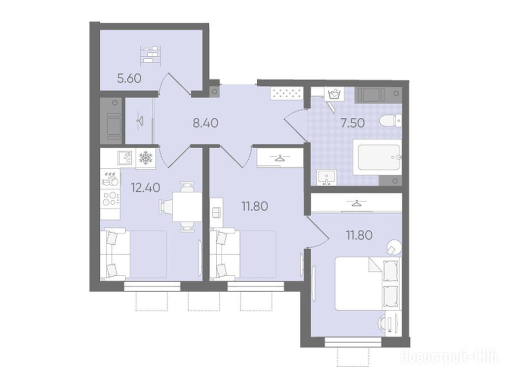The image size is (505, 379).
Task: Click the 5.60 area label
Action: [x=129, y=78]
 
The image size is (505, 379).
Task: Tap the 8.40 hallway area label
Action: [x=205, y=123]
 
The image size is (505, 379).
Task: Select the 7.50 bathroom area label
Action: [x=352, y=123]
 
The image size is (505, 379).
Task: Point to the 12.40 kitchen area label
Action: [x=146, y=187]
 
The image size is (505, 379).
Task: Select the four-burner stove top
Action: [x=111, y=198]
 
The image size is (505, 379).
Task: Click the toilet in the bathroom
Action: [x=390, y=122]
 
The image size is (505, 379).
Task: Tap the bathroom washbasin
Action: [x=327, y=178]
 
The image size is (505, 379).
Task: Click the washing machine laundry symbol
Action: [x=334, y=94]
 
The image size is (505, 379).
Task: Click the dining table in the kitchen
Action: [x=187, y=206]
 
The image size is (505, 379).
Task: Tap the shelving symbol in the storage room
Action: [x=151, y=55]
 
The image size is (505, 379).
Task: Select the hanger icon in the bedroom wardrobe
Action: [x=356, y=203]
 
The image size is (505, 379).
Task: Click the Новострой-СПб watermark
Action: [x=449, y=357]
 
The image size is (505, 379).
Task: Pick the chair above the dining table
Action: [x=187, y=187]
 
